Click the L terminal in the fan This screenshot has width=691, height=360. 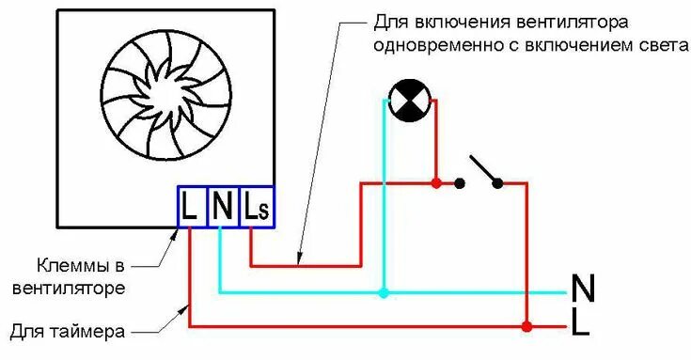coord(190,207)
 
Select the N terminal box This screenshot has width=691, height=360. coord(222,207)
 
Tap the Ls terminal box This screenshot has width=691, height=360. coord(256,207)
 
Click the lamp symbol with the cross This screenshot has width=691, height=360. coord(408,101)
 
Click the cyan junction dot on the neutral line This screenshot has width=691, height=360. coord(383,292)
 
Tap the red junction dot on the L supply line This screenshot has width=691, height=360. coord(526,326)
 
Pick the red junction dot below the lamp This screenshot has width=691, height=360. coord(435,182)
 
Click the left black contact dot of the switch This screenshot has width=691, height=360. coord(460,183)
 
